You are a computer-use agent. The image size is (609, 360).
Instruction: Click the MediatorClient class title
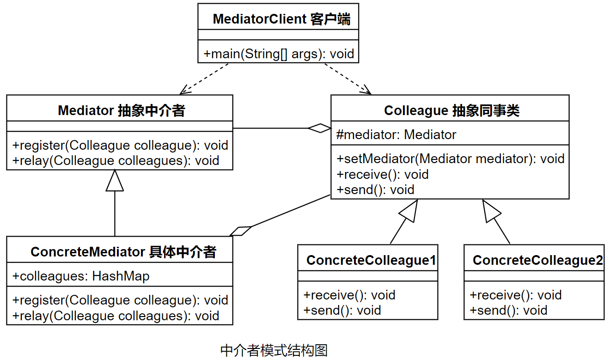pos(281,19)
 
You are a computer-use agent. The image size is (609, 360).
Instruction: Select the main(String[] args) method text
pos(279,54)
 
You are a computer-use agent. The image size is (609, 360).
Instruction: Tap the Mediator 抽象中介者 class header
pos(121,110)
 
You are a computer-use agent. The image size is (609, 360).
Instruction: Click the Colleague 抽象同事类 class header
pos(451,110)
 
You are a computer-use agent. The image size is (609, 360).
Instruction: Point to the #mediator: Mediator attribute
pos(396,134)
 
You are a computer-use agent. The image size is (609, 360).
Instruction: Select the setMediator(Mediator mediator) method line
pos(451,159)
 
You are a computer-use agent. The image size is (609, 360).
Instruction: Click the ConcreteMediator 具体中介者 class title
pos(123,252)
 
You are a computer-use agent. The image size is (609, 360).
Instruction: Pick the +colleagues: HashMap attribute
pos(81,276)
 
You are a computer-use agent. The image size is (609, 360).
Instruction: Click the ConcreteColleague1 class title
pos(371,260)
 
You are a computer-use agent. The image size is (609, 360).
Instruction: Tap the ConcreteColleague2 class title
pos(537,260)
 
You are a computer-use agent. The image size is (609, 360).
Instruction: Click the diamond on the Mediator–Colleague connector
pos(320,128)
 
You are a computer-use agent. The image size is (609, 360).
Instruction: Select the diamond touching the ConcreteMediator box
pos(240,231)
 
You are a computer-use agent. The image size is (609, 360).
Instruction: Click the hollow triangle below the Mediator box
pos(115,181)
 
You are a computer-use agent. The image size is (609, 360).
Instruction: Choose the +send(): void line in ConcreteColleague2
pos(508,310)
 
